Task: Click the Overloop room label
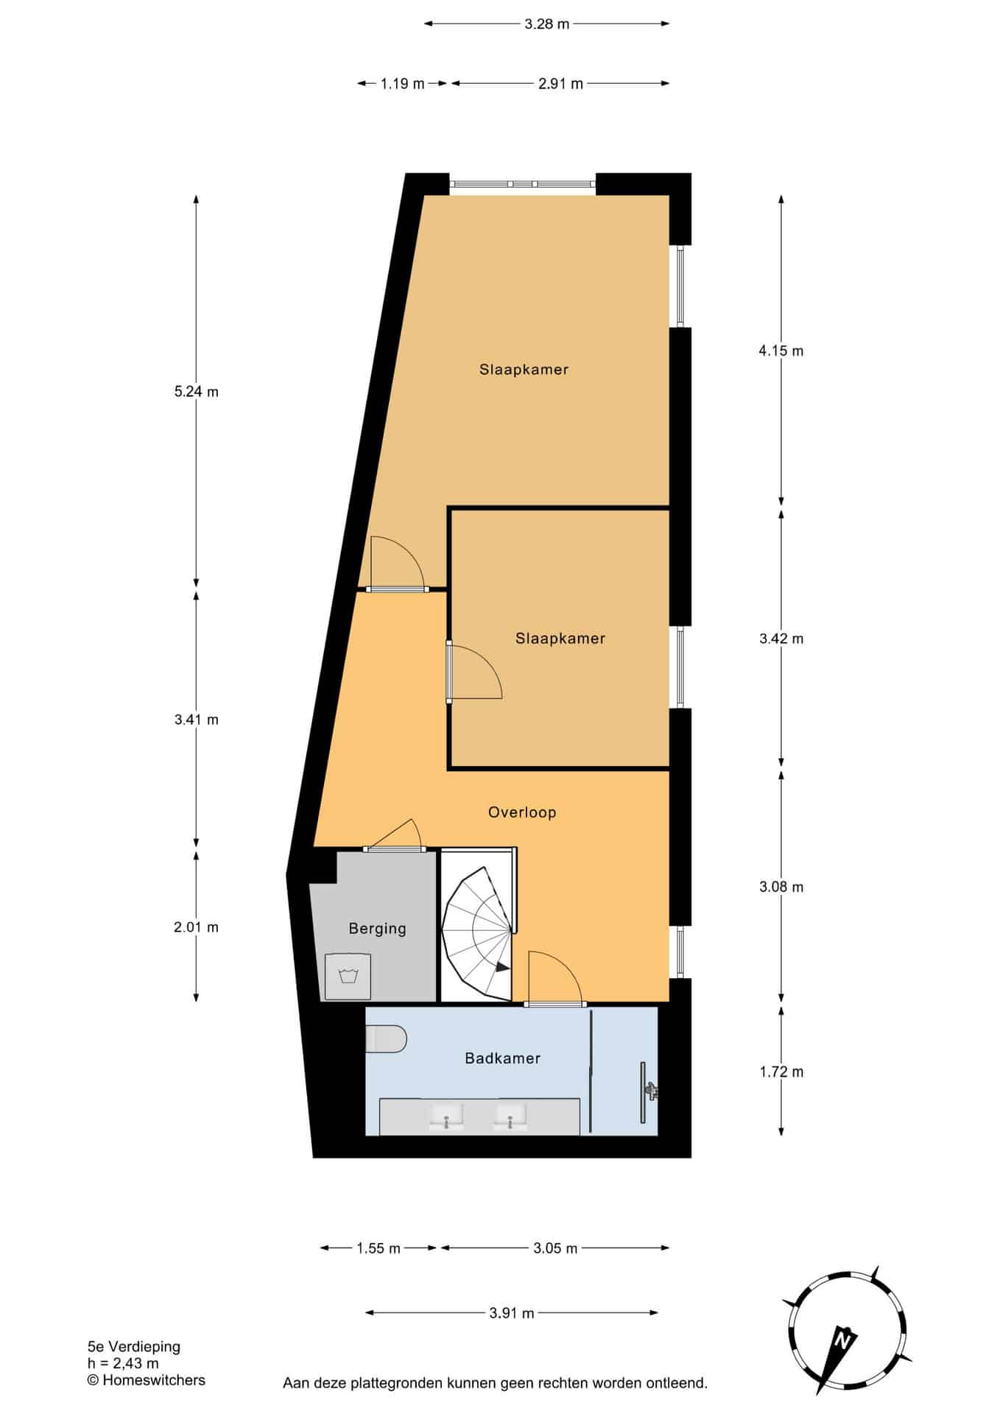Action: click(522, 812)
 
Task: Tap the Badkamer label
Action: click(503, 1058)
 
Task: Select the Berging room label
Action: click(377, 929)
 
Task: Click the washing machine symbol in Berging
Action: click(348, 977)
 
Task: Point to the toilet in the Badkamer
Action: click(387, 1038)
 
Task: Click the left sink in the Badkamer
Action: click(446, 1116)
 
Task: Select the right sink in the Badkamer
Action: click(510, 1116)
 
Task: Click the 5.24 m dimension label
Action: click(196, 392)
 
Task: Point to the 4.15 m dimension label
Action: click(781, 351)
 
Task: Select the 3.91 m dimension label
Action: click(512, 1312)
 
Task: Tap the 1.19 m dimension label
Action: click(403, 83)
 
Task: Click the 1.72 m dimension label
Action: click(781, 1072)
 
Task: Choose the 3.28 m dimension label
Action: click(547, 24)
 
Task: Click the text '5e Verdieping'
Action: click(133, 1346)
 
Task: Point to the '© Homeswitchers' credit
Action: click(146, 1380)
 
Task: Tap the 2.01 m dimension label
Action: click(196, 927)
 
